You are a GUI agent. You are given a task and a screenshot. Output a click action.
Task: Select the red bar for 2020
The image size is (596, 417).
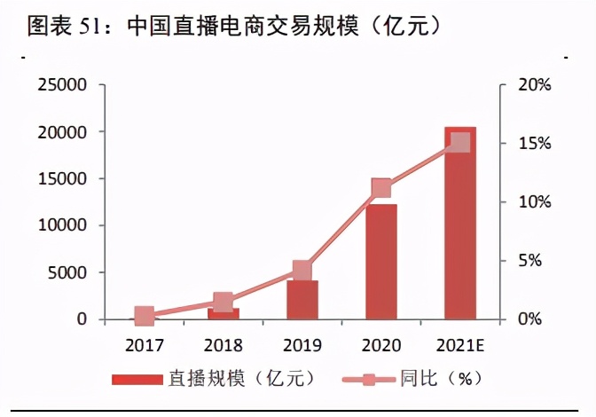381,262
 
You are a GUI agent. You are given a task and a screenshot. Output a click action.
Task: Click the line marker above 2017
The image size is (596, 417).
145,316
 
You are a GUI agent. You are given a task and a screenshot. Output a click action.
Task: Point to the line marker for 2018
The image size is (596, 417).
223,303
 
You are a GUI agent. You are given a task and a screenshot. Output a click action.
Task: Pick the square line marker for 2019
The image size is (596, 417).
302,271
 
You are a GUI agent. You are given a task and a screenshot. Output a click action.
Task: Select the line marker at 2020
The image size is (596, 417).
381,188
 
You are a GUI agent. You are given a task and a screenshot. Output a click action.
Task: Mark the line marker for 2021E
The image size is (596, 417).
460,142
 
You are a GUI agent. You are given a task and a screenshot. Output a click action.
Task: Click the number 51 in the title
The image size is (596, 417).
94,26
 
